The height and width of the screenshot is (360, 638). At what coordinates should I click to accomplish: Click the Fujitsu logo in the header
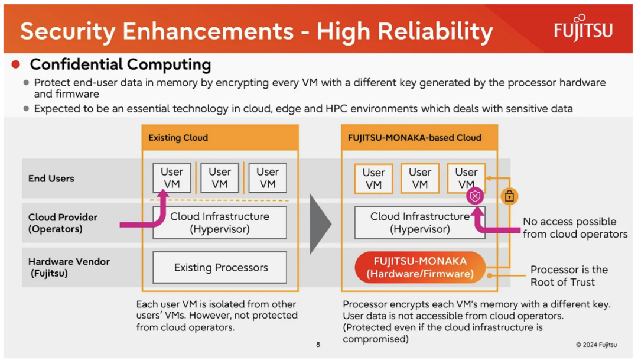click(583, 28)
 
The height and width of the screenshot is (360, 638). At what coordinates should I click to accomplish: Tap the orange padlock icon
click(509, 196)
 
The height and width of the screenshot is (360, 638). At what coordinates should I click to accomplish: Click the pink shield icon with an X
click(475, 196)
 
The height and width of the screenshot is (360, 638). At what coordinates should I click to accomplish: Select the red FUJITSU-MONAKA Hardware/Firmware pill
click(420, 268)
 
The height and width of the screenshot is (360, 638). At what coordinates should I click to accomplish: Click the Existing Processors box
click(220, 267)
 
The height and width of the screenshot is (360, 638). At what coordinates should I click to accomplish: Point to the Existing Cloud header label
click(178, 138)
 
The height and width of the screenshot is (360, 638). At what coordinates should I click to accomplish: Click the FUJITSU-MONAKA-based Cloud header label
click(414, 138)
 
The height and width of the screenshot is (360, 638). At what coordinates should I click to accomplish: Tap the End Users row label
click(51, 179)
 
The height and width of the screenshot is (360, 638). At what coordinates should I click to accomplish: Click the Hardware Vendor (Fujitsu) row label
click(69, 267)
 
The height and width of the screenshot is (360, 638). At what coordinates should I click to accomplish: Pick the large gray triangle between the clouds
click(320, 224)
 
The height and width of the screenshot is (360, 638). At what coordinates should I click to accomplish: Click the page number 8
click(318, 345)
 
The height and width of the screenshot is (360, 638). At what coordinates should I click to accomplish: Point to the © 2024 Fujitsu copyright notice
click(596, 345)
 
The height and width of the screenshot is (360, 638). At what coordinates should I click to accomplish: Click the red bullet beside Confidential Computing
click(16, 64)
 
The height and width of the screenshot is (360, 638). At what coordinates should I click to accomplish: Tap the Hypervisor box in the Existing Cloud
click(220, 222)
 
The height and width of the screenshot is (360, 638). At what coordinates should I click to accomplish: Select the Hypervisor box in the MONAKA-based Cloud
click(420, 222)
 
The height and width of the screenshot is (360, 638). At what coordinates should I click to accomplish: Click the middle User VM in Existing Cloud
click(220, 178)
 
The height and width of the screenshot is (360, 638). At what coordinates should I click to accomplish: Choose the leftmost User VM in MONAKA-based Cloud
click(373, 179)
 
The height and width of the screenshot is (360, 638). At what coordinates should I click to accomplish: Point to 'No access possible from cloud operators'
click(575, 228)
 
